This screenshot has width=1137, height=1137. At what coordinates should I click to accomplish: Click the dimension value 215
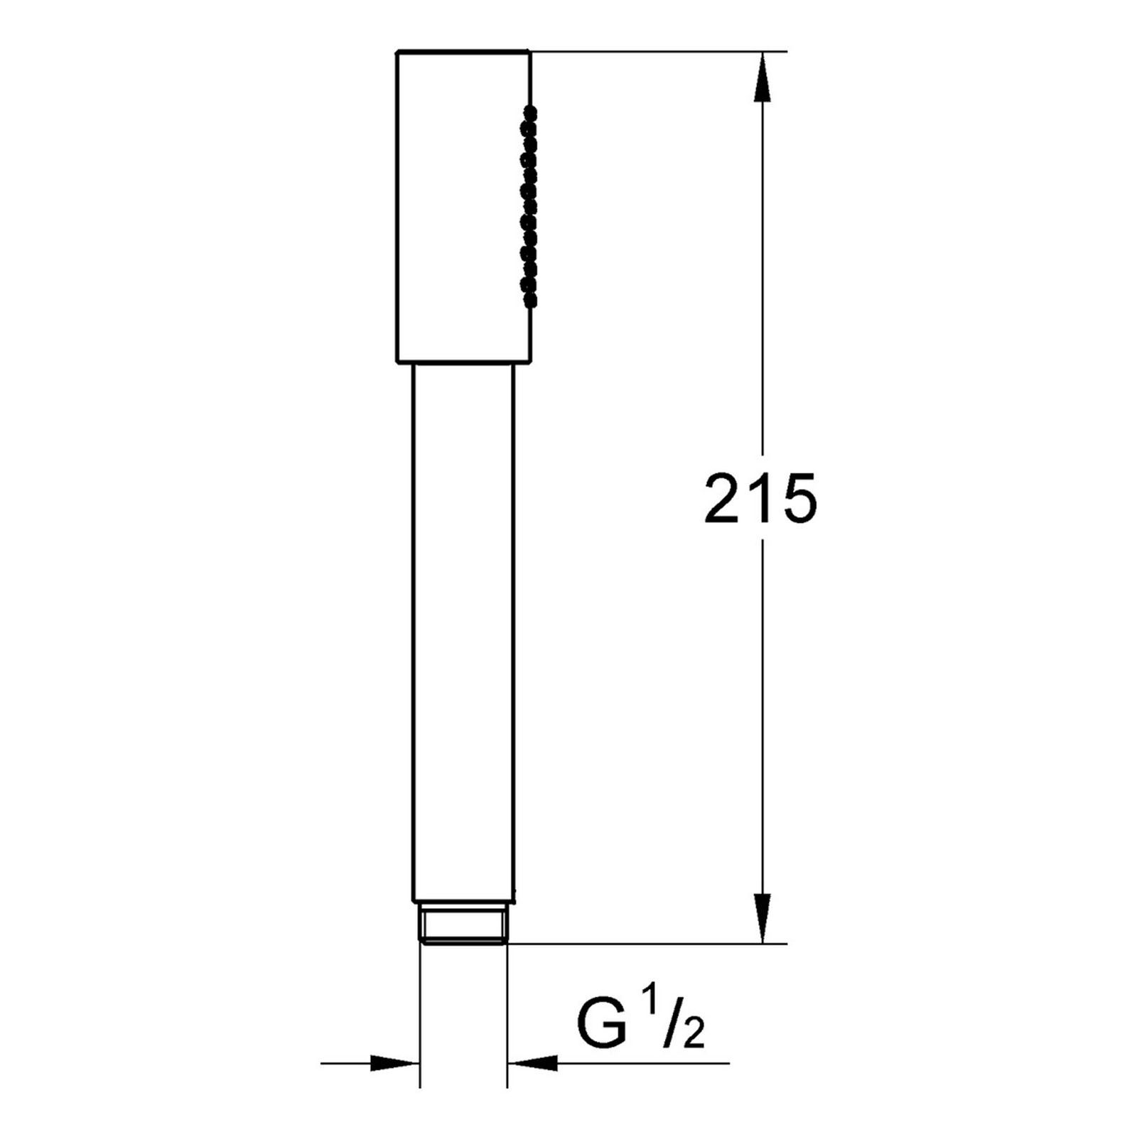click(x=760, y=499)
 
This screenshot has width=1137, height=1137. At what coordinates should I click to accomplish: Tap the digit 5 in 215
click(x=799, y=500)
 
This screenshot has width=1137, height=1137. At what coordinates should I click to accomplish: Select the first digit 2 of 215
click(x=722, y=499)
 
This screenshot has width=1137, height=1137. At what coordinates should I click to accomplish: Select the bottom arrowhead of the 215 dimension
click(x=763, y=920)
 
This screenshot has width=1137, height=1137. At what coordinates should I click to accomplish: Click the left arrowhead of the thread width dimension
click(x=395, y=1064)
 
